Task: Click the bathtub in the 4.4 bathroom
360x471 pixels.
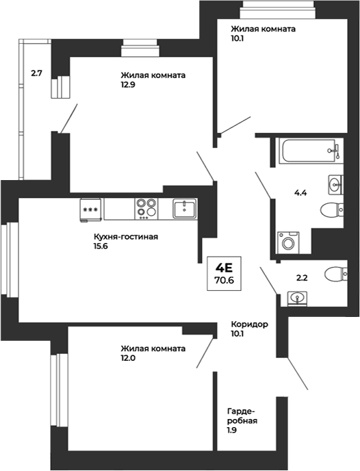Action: pos(311,151)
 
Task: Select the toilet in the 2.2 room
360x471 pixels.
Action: pos(336,274)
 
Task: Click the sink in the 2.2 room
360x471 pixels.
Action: pos(297,298)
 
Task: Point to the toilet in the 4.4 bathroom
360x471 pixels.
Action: pos(332,209)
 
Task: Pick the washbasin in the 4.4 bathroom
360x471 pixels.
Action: pos(335,184)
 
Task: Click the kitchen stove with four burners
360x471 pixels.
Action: pos(146,209)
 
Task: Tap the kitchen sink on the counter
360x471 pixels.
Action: pos(185,208)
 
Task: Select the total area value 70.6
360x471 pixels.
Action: pos(224,280)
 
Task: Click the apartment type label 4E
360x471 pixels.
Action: pos(224,267)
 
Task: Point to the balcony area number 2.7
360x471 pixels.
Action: pos(36,73)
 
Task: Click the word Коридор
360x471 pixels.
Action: pos(250,324)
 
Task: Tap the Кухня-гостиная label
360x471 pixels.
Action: pos(126,237)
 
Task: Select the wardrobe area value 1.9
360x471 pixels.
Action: pos(232,430)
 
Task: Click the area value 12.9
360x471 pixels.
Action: pos(128,84)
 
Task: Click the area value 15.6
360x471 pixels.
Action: pos(101,246)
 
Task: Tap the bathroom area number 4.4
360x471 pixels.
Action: pos(300,193)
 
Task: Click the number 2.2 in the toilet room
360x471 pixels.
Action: pos(302,278)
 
